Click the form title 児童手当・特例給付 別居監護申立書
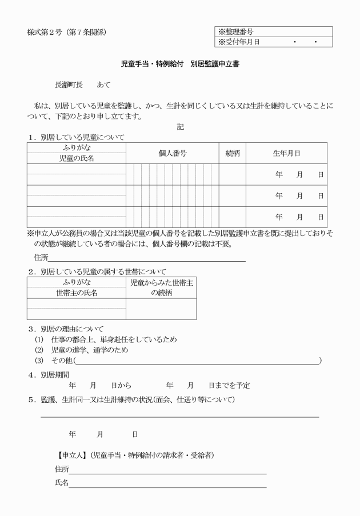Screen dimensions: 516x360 click(180, 65)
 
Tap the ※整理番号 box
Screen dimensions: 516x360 click(272, 32)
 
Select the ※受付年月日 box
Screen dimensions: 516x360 click(272, 42)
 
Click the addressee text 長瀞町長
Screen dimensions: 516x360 click(69, 85)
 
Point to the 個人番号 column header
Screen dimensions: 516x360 click(172, 153)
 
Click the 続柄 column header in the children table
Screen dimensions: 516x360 click(233, 153)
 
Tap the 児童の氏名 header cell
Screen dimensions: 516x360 click(76, 158)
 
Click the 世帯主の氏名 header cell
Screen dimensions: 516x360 click(76, 293)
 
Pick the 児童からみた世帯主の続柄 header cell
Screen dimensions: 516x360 click(161, 287)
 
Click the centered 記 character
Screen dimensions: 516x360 click(181, 127)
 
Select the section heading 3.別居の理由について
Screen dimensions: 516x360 click(66, 329)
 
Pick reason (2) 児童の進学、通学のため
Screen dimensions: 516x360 click(89, 350)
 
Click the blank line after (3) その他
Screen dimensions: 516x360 click(197, 361)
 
